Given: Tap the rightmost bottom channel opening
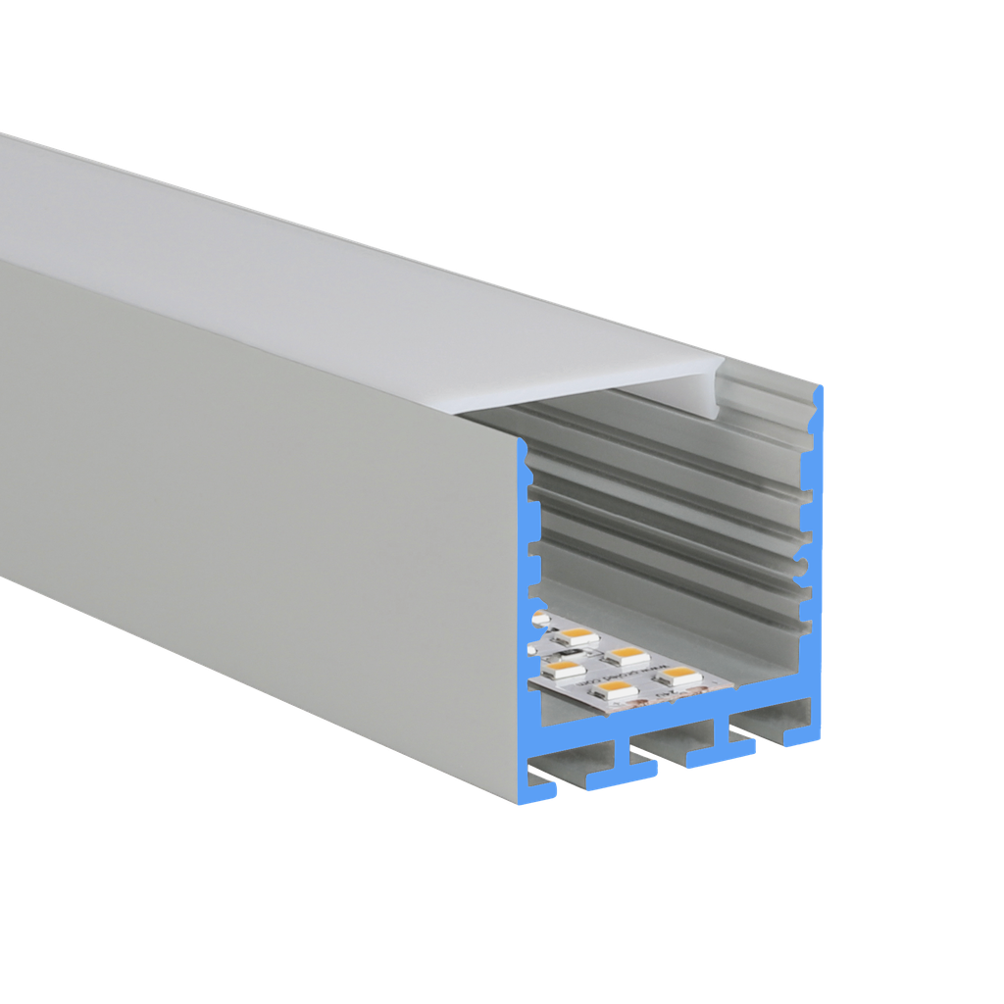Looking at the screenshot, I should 770,722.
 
